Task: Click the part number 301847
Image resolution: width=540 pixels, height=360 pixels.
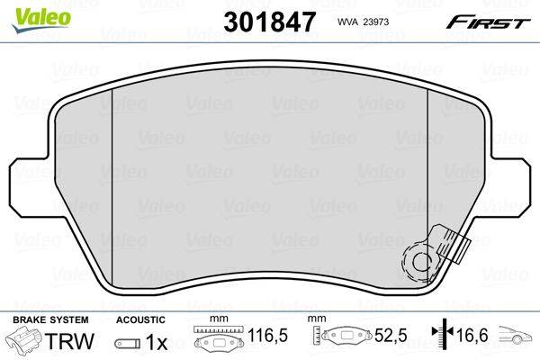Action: pos(269,22)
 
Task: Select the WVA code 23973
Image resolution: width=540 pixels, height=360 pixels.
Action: pos(363,22)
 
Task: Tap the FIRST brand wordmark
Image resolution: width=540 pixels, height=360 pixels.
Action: pos(488,23)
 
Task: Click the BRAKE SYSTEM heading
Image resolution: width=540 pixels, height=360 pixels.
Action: pos(50,319)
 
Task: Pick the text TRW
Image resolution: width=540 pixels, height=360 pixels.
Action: pos(69,341)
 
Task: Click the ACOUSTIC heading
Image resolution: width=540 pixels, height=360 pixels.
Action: pos(140,319)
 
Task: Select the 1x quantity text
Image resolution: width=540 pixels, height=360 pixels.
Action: pos(157,342)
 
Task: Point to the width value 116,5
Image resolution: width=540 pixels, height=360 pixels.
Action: pos(267,335)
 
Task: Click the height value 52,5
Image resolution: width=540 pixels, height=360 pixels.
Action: pos(391,335)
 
